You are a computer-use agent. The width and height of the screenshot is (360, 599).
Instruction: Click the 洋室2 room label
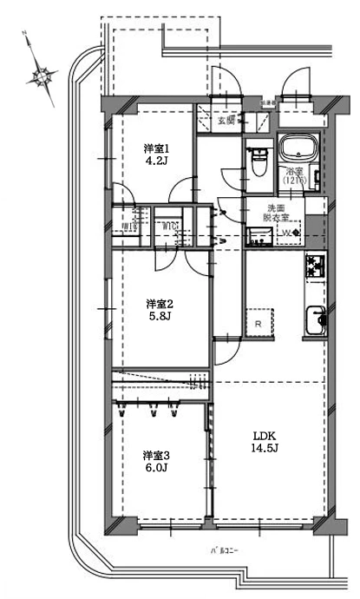coord(160,304)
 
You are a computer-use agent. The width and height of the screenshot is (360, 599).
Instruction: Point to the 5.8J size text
coord(160,317)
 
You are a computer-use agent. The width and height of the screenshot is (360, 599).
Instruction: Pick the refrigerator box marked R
coord(259,323)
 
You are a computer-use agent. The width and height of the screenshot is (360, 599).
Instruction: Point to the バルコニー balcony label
coord(224,550)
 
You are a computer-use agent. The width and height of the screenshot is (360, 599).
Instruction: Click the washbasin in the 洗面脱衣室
coord(256,235)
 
